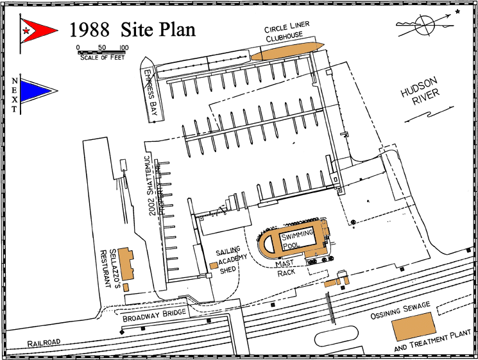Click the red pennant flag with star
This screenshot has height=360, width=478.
[37, 31]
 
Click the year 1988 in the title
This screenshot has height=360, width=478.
[89, 30]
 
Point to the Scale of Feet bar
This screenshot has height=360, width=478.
[101, 53]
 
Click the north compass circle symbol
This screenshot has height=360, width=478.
[425, 25]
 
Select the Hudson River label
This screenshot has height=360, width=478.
[420, 92]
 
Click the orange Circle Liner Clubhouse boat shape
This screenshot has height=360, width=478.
[287, 51]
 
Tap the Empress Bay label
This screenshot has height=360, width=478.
[151, 92]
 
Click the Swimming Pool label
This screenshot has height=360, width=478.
[296, 239]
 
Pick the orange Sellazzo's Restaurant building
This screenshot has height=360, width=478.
[126, 264]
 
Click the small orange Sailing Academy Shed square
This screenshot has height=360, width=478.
[214, 265]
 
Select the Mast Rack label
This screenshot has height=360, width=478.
[286, 268]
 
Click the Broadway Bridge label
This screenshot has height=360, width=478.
[154, 315]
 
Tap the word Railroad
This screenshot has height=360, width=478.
[44, 343]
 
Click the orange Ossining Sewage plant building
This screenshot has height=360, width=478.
[414, 326]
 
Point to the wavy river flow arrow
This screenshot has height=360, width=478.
[429, 114]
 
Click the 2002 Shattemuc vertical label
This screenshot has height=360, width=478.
[153, 186]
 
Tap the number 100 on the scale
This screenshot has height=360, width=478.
[124, 47]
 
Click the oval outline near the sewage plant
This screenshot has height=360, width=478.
[336, 336]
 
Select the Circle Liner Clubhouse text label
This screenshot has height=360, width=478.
[286, 31]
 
